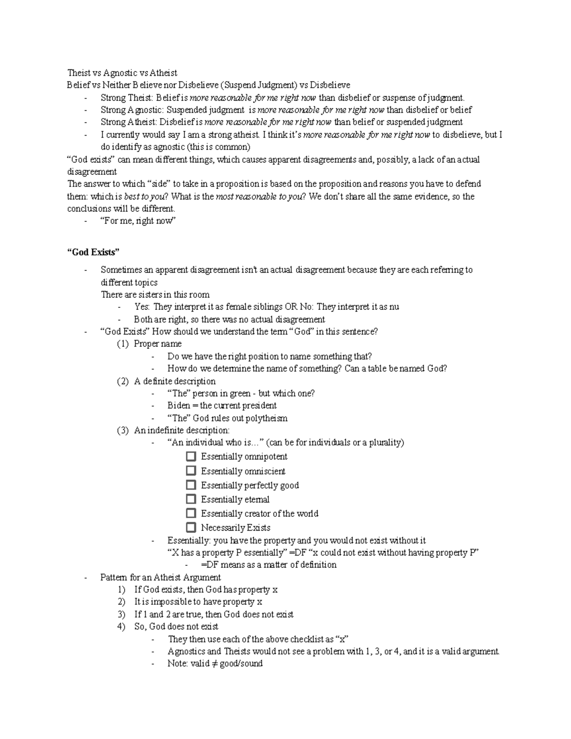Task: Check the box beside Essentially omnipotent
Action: click(x=191, y=457)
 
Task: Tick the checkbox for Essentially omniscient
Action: click(x=191, y=471)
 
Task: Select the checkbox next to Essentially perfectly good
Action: click(x=191, y=485)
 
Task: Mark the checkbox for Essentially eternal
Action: click(x=191, y=499)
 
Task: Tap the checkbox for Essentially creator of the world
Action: click(x=191, y=513)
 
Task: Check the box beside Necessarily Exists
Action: click(x=191, y=528)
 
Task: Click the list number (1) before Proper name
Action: click(x=122, y=344)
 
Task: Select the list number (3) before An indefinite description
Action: click(x=122, y=431)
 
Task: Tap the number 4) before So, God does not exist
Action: click(x=121, y=627)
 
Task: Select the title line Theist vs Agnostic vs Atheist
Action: click(x=122, y=73)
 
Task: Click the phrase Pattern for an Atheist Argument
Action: click(x=160, y=578)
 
